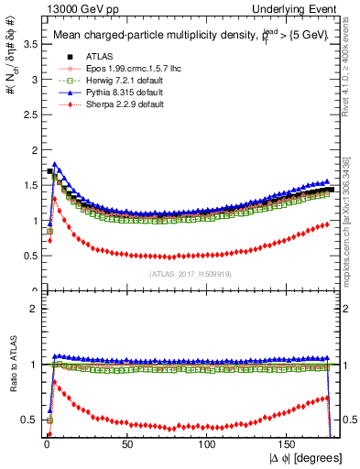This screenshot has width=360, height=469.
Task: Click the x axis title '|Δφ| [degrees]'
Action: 306,459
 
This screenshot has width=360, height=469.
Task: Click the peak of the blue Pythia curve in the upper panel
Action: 55,164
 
